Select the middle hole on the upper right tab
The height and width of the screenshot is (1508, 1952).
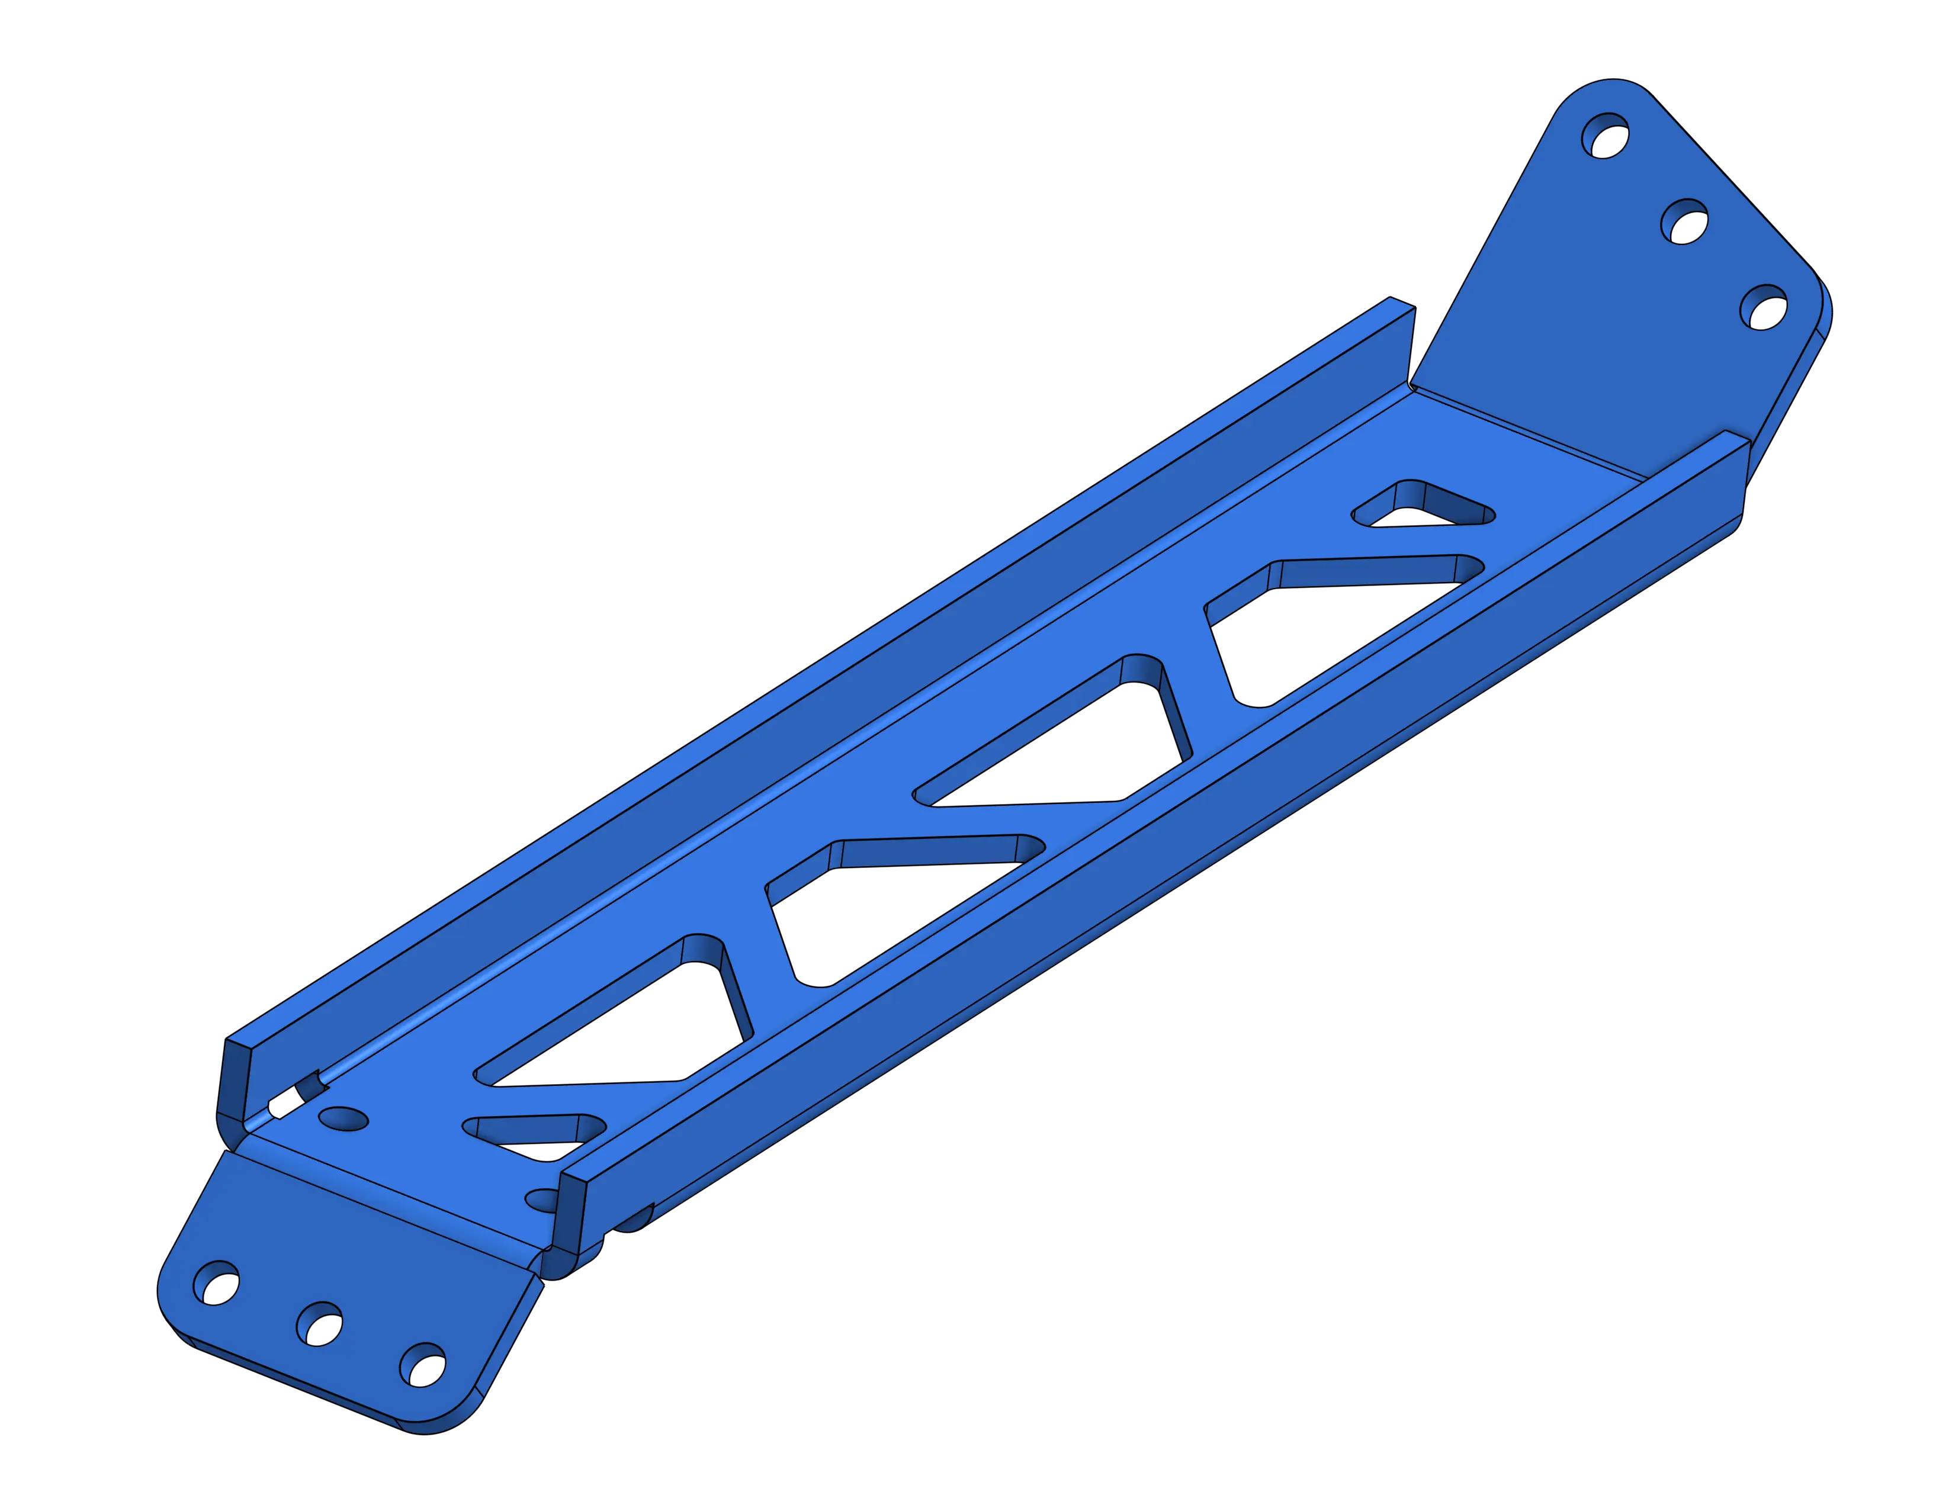coord(1685,221)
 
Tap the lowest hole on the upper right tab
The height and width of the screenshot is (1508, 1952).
coord(1764,308)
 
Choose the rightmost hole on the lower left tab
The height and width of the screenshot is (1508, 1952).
coord(422,1365)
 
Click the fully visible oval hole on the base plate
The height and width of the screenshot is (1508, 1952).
coord(342,1120)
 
